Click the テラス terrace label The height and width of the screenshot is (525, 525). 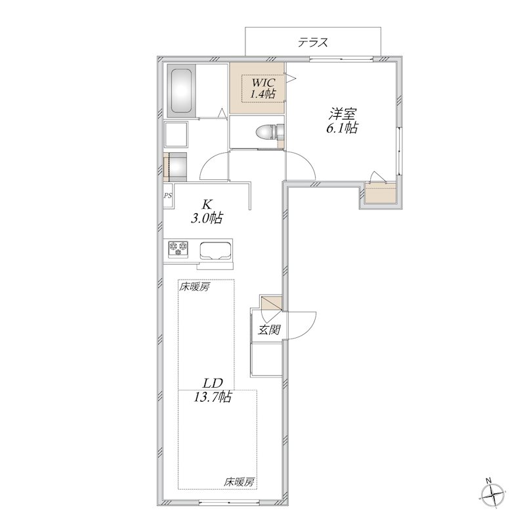click(x=313, y=43)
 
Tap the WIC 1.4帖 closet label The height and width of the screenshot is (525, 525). click(x=264, y=88)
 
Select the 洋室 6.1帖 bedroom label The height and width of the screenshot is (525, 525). click(x=341, y=121)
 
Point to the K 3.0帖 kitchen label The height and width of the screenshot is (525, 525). click(x=207, y=211)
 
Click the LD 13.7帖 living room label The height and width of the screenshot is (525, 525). click(x=213, y=390)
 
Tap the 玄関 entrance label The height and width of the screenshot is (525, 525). click(x=269, y=330)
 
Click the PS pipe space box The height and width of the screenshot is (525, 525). click(x=168, y=196)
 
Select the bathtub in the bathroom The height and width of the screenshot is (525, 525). click(x=182, y=91)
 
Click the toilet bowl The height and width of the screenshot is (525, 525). click(x=266, y=133)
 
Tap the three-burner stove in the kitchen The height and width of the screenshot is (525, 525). click(x=178, y=249)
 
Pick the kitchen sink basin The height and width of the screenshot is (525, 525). click(x=216, y=251)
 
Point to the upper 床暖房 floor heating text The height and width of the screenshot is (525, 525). click(x=194, y=287)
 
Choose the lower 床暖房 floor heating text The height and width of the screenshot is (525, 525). click(x=239, y=482)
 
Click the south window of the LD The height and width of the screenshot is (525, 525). click(x=228, y=503)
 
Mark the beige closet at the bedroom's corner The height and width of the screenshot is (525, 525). click(x=381, y=194)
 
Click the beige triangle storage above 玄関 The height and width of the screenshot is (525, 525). click(x=272, y=303)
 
